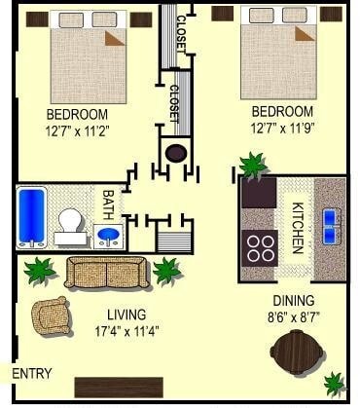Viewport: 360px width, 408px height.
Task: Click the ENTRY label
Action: click(x=31, y=373)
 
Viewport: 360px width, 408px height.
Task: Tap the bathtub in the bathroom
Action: click(x=31, y=216)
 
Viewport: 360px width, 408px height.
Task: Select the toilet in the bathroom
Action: click(x=69, y=225)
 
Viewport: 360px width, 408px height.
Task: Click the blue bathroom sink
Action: click(x=108, y=237)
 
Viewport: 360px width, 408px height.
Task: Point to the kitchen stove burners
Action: click(x=260, y=247)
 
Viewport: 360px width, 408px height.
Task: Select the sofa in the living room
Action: click(x=107, y=274)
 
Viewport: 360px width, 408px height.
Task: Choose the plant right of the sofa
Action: click(x=167, y=270)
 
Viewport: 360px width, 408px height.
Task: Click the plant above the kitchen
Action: click(x=253, y=165)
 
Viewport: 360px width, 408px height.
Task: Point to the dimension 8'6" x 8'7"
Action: click(x=292, y=317)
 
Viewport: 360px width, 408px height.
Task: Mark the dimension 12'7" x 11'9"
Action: click(x=280, y=128)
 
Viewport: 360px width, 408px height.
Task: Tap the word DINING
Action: click(x=292, y=302)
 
